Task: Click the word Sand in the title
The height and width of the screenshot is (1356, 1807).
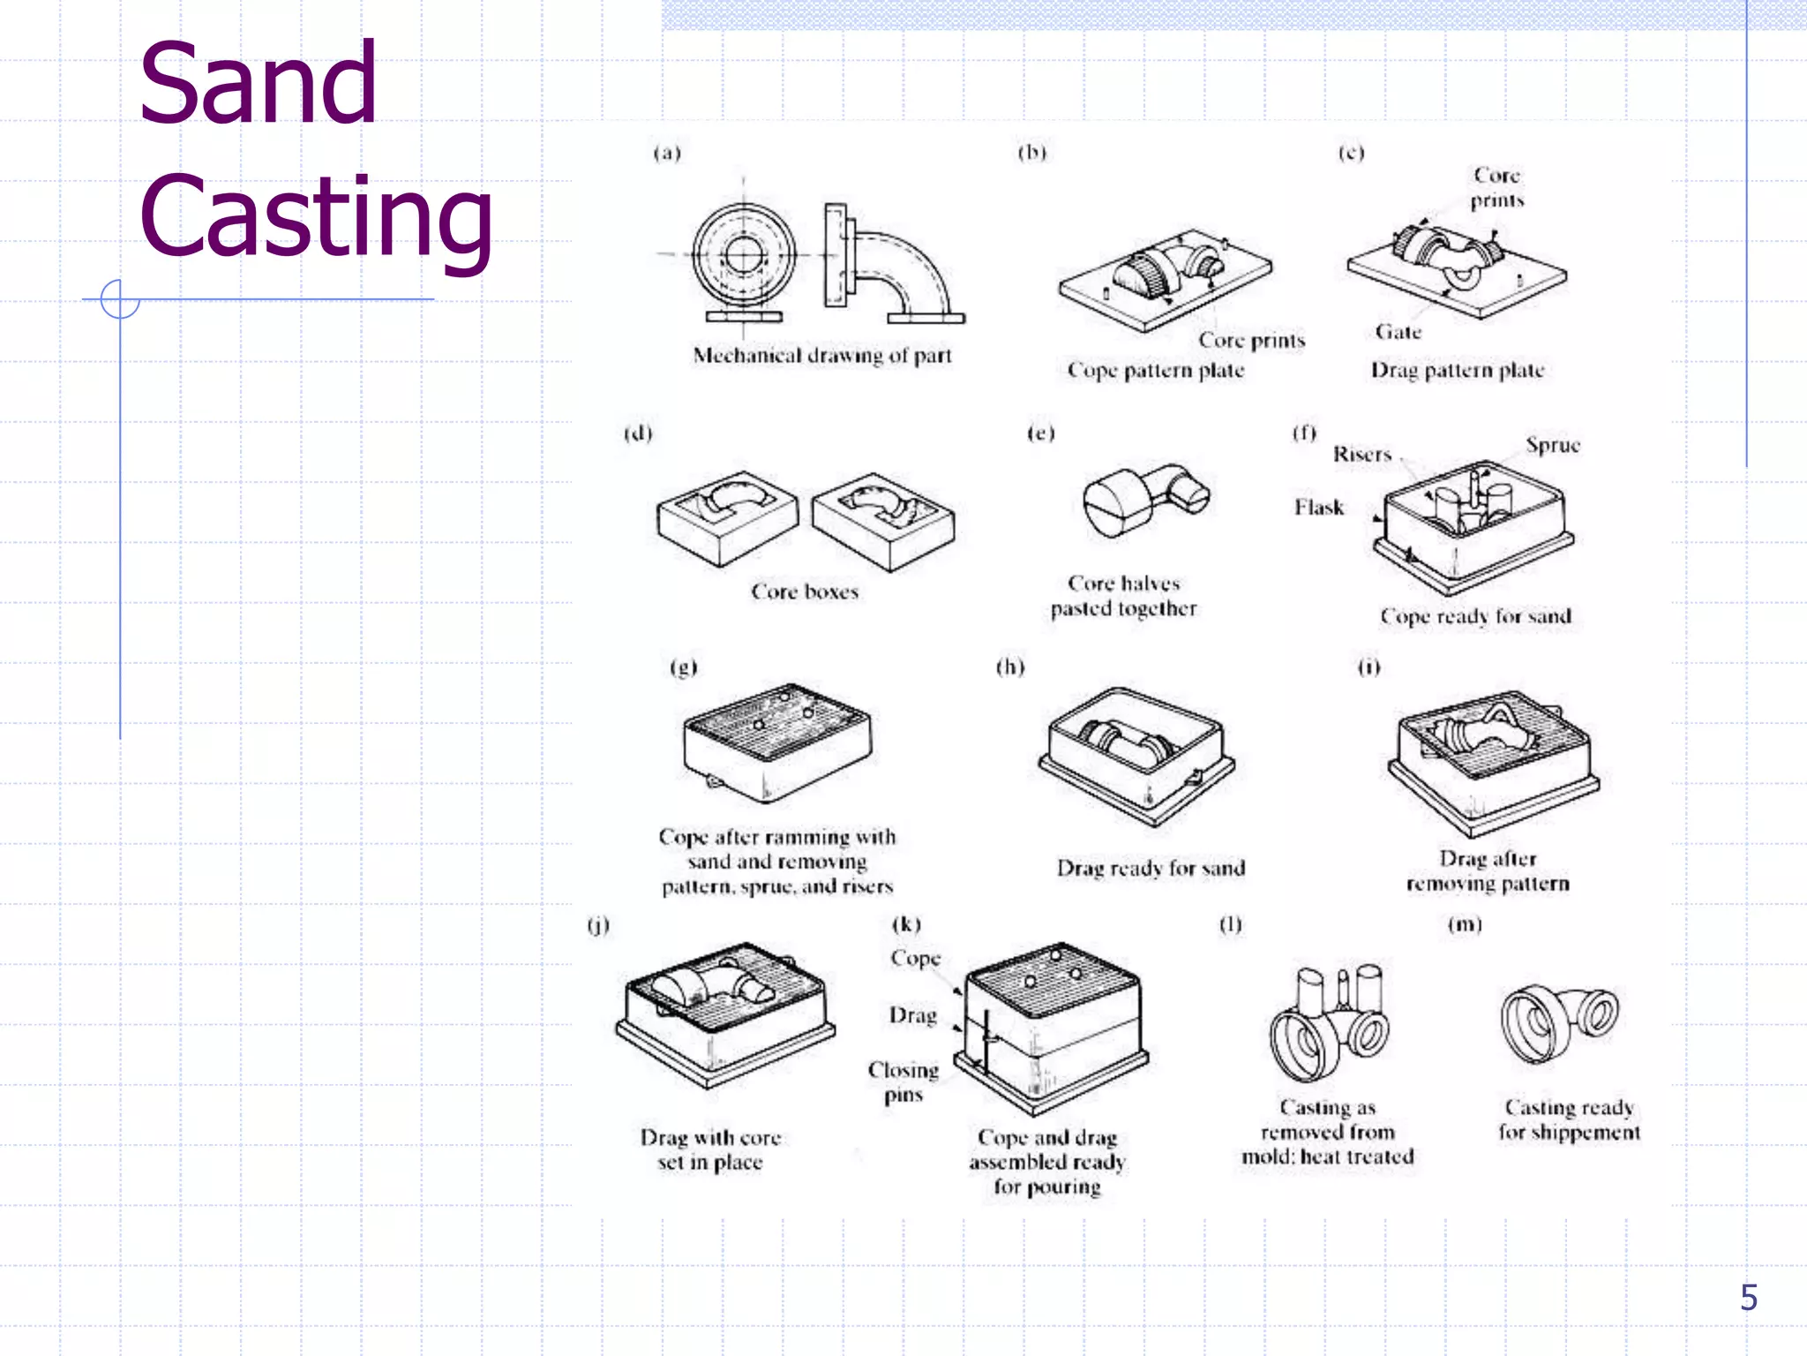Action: [x=258, y=84]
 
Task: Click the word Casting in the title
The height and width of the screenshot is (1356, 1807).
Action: [x=315, y=216]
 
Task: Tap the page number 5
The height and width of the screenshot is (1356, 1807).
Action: [x=1748, y=1297]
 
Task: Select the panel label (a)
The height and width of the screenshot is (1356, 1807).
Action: [x=667, y=153]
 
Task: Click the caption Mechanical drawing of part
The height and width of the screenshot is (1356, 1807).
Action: [x=821, y=356]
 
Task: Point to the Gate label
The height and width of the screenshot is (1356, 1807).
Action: [x=1398, y=332]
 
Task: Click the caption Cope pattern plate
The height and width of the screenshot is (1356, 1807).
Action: [x=1155, y=370]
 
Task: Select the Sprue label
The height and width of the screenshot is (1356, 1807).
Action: [x=1552, y=445]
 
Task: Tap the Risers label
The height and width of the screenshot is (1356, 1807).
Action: [x=1361, y=454]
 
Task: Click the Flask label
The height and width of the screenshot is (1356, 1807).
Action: [x=1319, y=507]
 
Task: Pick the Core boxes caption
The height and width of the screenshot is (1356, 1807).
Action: [x=804, y=591]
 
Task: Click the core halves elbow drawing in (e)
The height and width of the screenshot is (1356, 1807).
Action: [x=1145, y=501]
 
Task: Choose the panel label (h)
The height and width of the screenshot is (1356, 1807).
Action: [x=1010, y=667]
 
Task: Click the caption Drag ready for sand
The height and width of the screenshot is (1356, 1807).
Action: [x=1151, y=869]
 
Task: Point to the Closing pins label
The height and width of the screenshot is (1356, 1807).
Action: [x=903, y=1081]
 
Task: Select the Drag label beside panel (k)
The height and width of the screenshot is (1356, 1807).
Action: [x=912, y=1015]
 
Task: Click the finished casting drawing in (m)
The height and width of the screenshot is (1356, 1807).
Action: [x=1558, y=1024]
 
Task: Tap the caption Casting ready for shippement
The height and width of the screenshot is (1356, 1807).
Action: [x=1569, y=1119]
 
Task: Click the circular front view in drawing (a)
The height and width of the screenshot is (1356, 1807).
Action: [x=743, y=255]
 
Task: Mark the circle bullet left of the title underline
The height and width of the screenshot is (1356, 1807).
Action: [x=120, y=298]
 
